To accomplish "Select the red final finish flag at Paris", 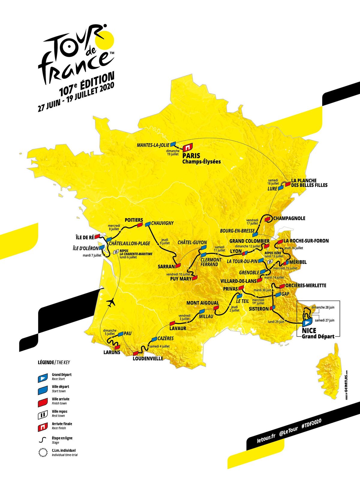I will click(187, 147).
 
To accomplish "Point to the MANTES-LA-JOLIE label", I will click(153, 145).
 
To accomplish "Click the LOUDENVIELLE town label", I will click(148, 358).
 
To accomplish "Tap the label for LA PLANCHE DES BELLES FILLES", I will click(309, 183).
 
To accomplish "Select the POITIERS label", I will click(134, 220).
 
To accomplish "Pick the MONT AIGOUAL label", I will click(202, 303).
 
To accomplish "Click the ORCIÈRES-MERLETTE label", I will click(306, 285).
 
